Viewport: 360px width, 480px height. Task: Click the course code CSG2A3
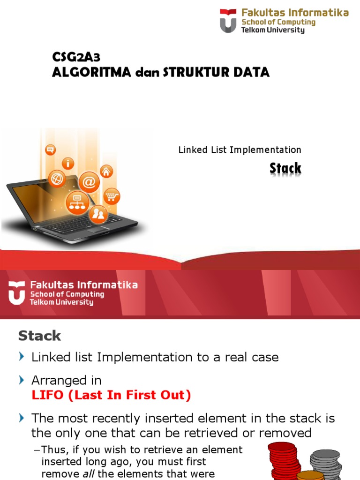[76, 57]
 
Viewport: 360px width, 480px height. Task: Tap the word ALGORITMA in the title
[91, 73]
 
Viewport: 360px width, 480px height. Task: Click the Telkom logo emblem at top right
[228, 21]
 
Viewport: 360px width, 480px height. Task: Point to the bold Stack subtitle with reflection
[285, 169]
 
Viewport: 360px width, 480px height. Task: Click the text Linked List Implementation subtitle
[240, 150]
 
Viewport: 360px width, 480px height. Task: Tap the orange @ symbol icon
[89, 182]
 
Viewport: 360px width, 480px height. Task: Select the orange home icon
[106, 172]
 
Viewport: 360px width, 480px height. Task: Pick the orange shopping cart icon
[112, 196]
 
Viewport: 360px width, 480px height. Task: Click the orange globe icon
[57, 178]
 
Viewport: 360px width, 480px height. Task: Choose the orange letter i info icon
[68, 163]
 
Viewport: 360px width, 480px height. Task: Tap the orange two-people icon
[98, 213]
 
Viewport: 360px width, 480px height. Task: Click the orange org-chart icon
[77, 202]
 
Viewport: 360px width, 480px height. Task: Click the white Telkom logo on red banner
[16, 293]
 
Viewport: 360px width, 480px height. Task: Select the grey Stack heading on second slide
[39, 336]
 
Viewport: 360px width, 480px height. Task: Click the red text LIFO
[47, 395]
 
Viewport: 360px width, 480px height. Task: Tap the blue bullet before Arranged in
[22, 380]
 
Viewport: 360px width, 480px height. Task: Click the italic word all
[89, 473]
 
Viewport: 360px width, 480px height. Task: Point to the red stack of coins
[284, 461]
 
